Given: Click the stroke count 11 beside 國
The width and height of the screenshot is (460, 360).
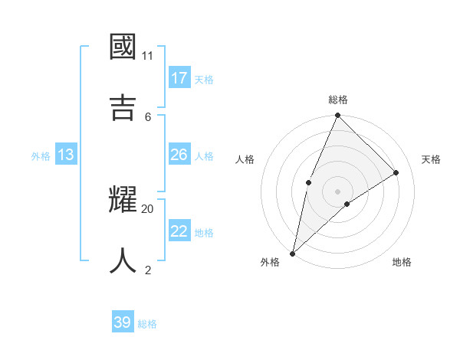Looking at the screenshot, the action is tap(148, 55).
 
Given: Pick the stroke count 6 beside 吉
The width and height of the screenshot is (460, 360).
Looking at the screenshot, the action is tap(148, 116).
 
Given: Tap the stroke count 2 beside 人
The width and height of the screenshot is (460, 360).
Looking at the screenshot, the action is tap(148, 270).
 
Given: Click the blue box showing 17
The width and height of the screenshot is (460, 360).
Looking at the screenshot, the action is tap(179, 78).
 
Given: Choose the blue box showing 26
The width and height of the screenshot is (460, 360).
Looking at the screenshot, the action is tap(179, 155).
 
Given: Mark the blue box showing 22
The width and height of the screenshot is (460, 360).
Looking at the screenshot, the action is tap(179, 231).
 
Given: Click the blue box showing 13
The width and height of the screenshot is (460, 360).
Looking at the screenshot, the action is tap(66, 155).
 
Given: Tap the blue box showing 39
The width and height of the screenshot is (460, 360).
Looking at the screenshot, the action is tap(123, 322).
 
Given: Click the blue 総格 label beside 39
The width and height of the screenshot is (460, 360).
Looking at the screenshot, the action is tap(147, 324).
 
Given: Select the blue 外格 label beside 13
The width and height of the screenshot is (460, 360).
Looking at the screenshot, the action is tap(41, 156).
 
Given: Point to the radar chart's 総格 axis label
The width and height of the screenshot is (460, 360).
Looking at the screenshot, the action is tap(337, 100).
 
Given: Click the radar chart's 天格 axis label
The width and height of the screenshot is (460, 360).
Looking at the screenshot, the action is tap(432, 159).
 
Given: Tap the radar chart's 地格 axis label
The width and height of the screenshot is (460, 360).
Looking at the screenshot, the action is tap(402, 262).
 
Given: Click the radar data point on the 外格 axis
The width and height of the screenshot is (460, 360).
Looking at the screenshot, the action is tap(292, 253).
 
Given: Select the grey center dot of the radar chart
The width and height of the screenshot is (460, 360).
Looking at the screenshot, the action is tap(337, 191).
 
